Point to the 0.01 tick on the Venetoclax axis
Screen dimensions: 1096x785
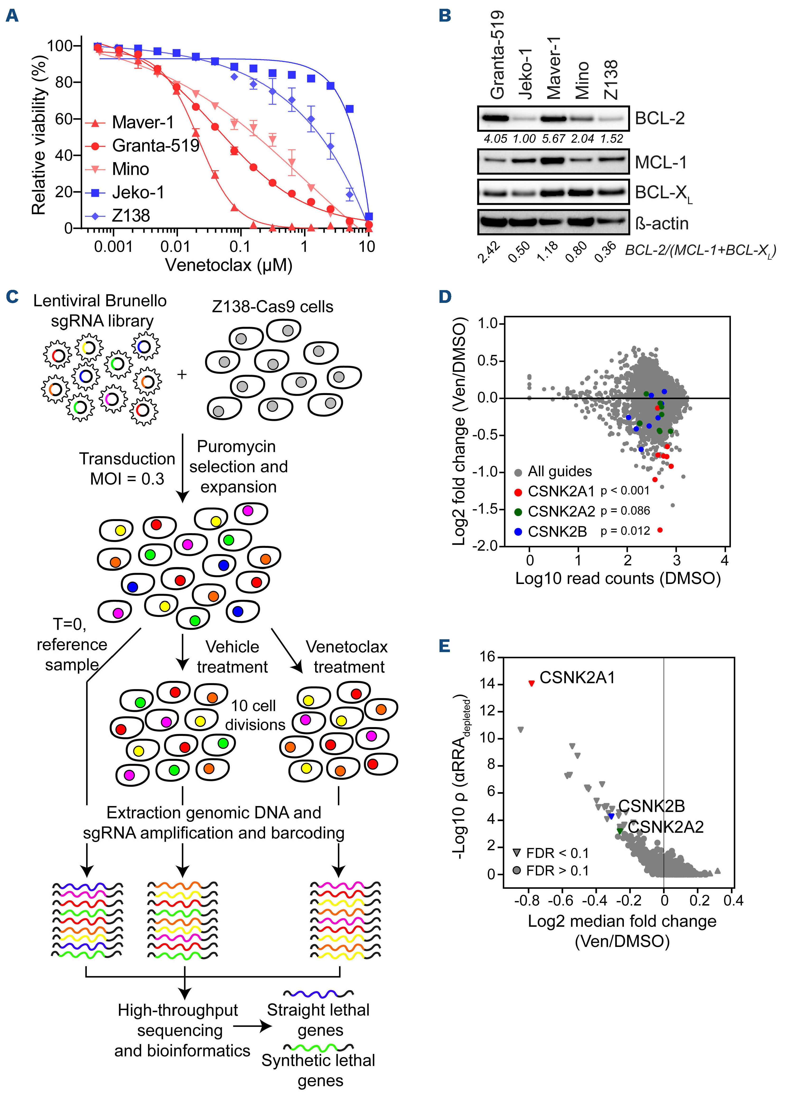[176, 246]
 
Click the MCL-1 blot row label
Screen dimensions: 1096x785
[660, 162]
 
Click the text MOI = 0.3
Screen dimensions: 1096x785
[127, 479]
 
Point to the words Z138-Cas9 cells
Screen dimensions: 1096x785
[272, 307]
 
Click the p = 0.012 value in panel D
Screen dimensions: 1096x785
[625, 531]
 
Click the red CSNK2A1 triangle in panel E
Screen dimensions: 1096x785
[531, 683]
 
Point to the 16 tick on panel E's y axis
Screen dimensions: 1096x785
[487, 657]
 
